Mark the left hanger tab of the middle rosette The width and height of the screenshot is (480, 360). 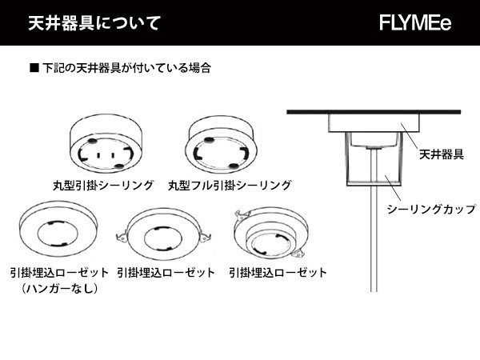coord(122,237)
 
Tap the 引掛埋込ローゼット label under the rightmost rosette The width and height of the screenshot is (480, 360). coord(278,273)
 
